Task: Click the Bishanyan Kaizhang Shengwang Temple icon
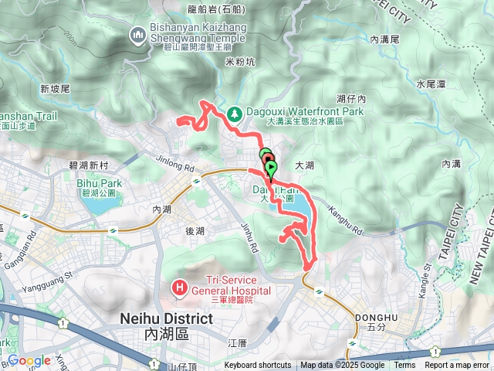[138, 35]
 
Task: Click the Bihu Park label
[100, 183]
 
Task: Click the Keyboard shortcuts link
[259, 366]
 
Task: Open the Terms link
[404, 366]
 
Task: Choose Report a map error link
[457, 366]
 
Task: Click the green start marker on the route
[271, 168]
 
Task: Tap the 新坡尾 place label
[55, 89]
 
